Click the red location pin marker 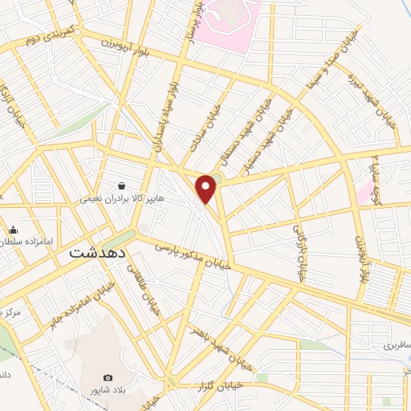click(x=207, y=189)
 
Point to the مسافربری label click(x=395, y=345)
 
